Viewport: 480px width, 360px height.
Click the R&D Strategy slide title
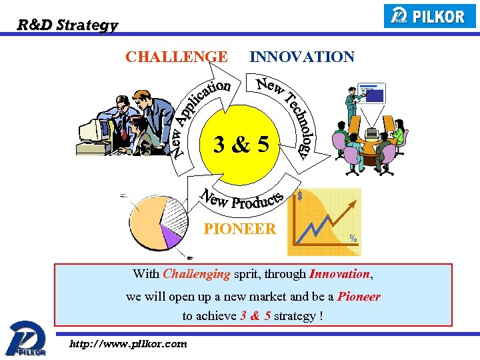tap(67, 25)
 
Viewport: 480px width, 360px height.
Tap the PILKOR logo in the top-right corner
tap(429, 15)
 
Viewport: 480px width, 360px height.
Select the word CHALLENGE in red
tap(176, 57)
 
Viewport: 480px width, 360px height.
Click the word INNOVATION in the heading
tap(301, 57)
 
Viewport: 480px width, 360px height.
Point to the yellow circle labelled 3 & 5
tap(242, 143)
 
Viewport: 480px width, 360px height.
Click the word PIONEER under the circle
tap(239, 229)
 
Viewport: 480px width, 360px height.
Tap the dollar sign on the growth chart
tap(301, 196)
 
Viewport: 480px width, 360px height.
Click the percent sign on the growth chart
tap(353, 238)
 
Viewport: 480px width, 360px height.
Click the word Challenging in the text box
tap(196, 273)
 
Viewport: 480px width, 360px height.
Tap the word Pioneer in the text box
tap(359, 296)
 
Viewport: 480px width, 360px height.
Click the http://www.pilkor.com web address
tap(128, 344)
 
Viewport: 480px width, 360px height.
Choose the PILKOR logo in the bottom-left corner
tap(25, 338)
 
